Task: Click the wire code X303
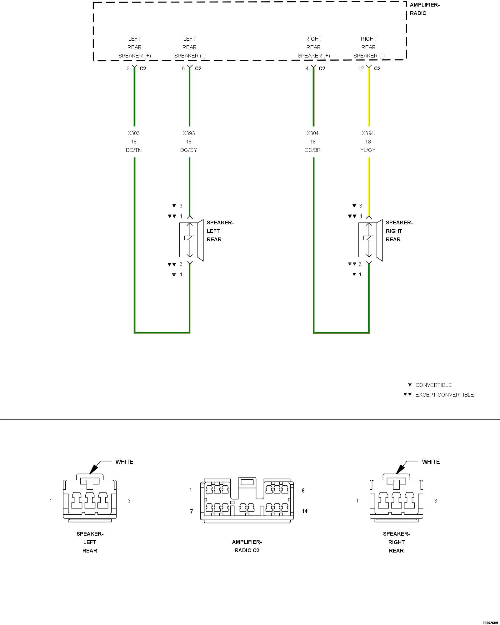[133, 133]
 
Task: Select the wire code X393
[189, 133]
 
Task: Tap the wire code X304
[312, 133]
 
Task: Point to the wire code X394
[368, 133]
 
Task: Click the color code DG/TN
[134, 150]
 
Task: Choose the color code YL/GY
[368, 150]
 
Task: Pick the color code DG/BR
[312, 150]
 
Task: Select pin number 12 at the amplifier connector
[361, 68]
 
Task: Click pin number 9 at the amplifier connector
[183, 68]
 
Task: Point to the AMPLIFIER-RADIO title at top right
[424, 9]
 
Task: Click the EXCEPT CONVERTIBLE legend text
[444, 395]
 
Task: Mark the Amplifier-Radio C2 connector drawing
[247, 500]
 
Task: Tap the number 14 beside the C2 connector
[305, 511]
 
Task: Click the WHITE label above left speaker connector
[124, 462]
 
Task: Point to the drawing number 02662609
[490, 622]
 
